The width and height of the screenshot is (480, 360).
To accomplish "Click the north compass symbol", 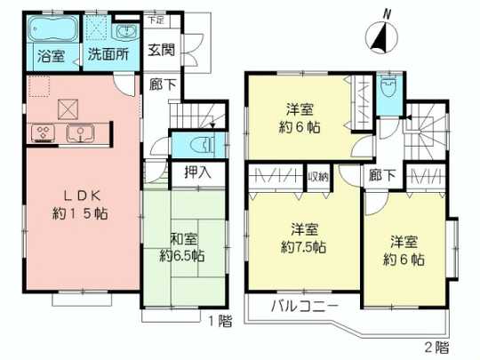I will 379,36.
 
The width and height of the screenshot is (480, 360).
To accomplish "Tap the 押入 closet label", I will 196,172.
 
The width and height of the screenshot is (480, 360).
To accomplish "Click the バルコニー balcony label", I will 305,308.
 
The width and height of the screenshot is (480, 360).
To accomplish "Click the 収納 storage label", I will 318,177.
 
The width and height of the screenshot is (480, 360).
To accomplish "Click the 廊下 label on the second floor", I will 377,177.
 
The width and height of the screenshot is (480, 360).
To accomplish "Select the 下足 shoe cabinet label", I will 156,18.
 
